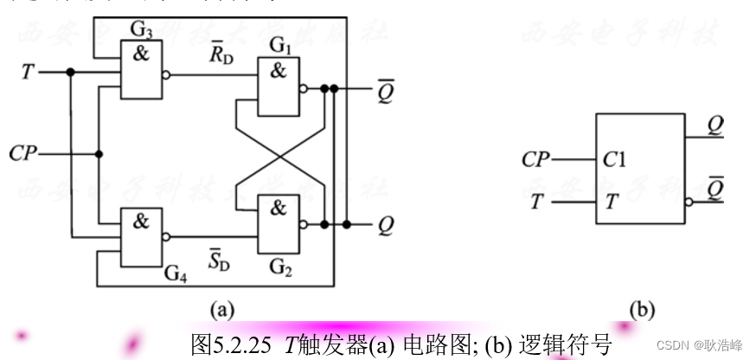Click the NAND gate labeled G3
pos(141,70)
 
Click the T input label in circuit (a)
pos(28,72)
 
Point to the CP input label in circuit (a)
pos(22,154)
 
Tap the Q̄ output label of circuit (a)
pos(386,91)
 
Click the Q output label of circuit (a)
pos(386,225)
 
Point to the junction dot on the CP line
pos(99,154)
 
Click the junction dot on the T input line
pos(69,73)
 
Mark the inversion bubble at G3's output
pos(166,74)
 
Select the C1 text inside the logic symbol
pos(616,159)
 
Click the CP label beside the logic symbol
pos(536,159)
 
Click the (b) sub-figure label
pos(642,309)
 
